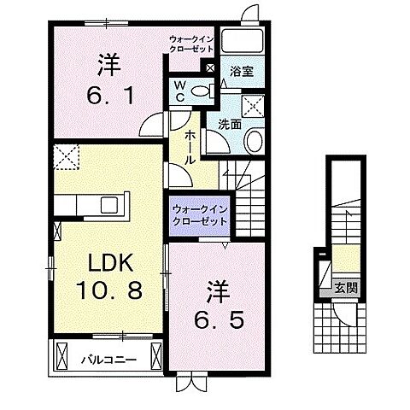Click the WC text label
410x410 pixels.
[180, 91]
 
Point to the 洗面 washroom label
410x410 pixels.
[228, 124]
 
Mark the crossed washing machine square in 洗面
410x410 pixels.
[254, 106]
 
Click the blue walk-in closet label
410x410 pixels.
[200, 214]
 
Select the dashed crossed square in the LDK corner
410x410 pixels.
[67, 156]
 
